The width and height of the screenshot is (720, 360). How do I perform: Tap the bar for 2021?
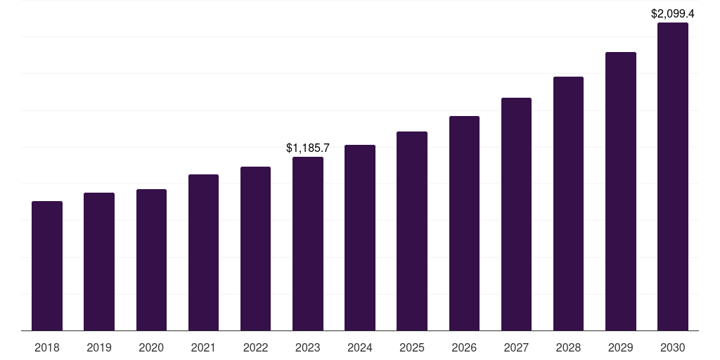point(203,252)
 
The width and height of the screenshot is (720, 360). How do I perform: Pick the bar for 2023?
point(308,243)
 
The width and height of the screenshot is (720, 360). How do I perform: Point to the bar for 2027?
point(516,214)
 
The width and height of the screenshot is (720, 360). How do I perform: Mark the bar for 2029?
point(621,191)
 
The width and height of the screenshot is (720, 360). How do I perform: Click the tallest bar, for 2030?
point(673,176)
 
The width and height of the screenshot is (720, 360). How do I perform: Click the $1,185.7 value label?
point(308,148)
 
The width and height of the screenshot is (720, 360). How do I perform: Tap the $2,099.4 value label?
point(673,13)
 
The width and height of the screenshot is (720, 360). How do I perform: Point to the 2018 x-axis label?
point(47,347)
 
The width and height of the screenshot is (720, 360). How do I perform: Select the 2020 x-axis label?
point(151,347)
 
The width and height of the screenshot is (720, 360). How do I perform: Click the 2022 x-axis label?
point(255,347)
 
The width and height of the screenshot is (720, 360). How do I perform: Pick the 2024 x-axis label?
point(360,347)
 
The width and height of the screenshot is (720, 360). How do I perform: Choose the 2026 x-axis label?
point(464,347)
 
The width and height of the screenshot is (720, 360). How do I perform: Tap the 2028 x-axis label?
point(568,347)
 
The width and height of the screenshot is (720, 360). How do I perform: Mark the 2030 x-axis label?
point(673,347)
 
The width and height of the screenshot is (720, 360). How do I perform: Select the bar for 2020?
point(151,259)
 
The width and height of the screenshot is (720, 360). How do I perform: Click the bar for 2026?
point(464,223)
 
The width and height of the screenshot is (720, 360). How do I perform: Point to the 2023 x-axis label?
point(308,347)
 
